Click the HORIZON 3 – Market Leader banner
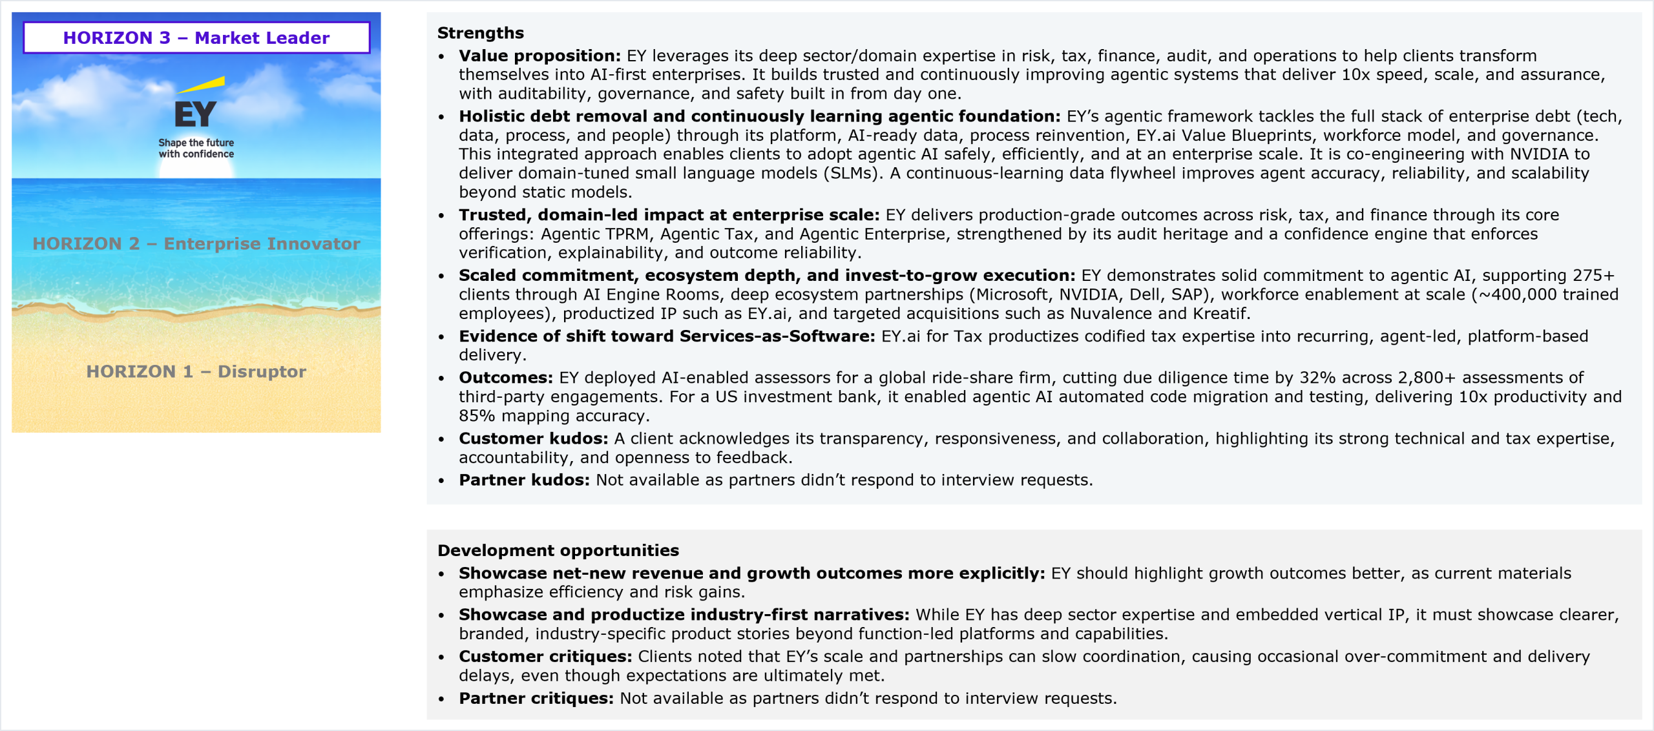[196, 37]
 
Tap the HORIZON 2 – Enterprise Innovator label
[196, 243]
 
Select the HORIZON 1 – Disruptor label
[196, 371]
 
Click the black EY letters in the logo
[195, 115]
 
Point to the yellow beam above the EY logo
[202, 85]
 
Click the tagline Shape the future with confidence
[196, 148]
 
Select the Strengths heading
[480, 33]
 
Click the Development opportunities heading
[558, 550]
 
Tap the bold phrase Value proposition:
[539, 56]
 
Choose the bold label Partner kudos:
[524, 480]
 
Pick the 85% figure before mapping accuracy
[477, 416]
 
